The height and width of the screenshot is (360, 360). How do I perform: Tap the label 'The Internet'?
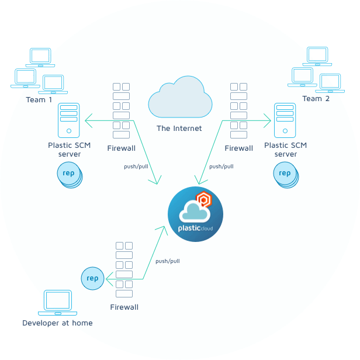click(x=179, y=129)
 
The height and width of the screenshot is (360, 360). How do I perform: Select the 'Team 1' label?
click(x=39, y=100)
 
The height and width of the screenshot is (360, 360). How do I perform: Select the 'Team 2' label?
click(x=316, y=99)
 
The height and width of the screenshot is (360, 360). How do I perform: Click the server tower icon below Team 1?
click(x=68, y=120)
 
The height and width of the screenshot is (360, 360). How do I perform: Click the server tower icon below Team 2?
click(x=285, y=120)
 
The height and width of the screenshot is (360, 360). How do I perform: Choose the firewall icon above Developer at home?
click(x=124, y=269)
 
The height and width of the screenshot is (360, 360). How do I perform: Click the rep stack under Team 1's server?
click(x=70, y=174)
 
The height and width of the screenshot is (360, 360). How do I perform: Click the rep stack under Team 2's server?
click(x=285, y=174)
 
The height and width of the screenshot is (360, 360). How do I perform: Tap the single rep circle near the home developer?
click(x=92, y=278)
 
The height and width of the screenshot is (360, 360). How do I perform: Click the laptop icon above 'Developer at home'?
click(x=58, y=303)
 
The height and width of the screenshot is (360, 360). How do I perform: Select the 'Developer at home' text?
click(x=57, y=323)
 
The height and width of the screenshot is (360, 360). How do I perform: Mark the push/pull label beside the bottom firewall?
click(x=167, y=261)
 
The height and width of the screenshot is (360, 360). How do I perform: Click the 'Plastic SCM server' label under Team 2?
click(x=285, y=150)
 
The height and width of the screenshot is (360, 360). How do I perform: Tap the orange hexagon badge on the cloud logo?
click(x=203, y=199)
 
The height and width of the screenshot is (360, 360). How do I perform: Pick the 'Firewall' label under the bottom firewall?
click(x=124, y=307)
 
